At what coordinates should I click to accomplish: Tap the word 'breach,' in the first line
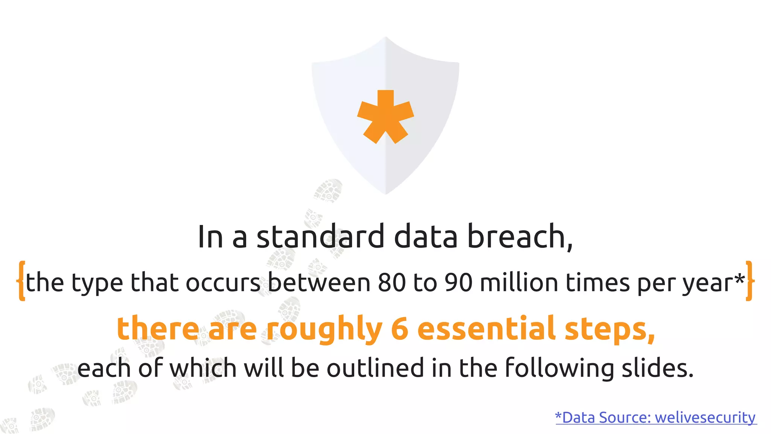[520, 237]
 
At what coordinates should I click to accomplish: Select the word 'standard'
[320, 237]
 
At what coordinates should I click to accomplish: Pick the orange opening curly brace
[21, 281]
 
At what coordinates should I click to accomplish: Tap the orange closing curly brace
[749, 281]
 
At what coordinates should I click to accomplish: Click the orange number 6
[400, 329]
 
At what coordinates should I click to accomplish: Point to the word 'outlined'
[375, 368]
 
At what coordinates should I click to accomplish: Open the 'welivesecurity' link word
[705, 417]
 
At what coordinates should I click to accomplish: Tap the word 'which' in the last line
[203, 368]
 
